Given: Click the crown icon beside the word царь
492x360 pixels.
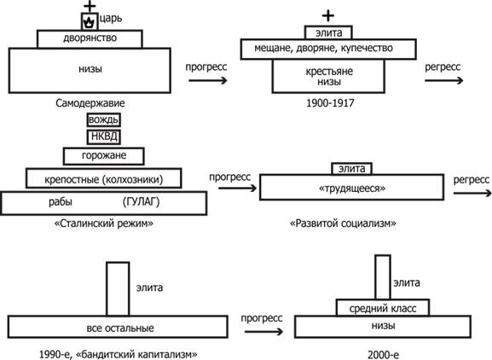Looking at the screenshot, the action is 90,22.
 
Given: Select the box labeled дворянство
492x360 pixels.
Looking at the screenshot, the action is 90,39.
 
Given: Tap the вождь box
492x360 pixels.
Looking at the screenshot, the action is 103,120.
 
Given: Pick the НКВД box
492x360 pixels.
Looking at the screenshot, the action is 103,136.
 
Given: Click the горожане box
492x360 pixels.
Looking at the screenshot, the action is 103,156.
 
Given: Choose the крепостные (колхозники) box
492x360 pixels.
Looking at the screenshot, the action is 103,178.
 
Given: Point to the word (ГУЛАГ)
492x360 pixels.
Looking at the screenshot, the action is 141,201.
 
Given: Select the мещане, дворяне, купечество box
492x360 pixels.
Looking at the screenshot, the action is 328,49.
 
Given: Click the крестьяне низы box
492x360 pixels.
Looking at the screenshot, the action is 328,76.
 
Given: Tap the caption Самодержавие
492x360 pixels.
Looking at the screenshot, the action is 90,103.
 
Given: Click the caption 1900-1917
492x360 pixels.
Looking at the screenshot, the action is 330,103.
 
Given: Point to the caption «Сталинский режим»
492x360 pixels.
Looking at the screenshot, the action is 104,224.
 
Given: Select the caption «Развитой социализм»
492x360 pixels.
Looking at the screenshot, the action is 343,224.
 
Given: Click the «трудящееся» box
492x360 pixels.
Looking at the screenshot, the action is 352,187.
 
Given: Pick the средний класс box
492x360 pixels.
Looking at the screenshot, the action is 383,308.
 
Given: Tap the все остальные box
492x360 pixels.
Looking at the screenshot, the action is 118,327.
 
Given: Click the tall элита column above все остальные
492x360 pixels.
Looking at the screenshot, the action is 118,288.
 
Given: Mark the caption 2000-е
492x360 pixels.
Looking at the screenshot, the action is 383,355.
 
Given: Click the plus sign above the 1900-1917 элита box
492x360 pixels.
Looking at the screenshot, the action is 328,15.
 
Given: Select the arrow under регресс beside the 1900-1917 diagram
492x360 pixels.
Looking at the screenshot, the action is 443,81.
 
